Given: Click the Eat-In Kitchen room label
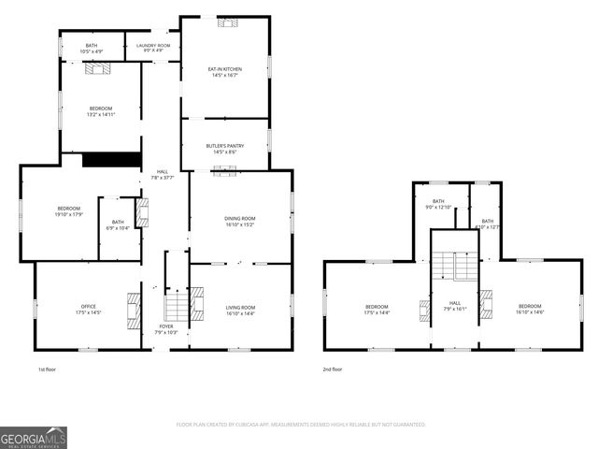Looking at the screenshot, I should [x=224, y=71].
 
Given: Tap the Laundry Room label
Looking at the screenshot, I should [x=152, y=47].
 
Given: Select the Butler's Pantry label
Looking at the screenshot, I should [x=224, y=148].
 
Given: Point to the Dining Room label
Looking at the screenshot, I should [x=240, y=221].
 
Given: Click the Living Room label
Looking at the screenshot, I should [x=240, y=310].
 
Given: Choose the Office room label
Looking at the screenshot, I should [x=88, y=310].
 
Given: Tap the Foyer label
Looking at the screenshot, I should [x=164, y=330].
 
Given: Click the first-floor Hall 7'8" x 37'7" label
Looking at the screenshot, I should [x=164, y=174].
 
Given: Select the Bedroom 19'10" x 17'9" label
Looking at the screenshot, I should [x=69, y=211].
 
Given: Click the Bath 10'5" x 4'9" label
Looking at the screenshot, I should [x=92, y=47].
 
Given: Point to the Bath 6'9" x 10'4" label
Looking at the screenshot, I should [x=118, y=224].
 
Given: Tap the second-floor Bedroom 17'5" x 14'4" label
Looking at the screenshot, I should [x=377, y=310].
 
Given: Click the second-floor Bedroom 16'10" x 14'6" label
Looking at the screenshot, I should [x=530, y=310].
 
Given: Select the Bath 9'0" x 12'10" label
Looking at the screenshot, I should [x=438, y=204].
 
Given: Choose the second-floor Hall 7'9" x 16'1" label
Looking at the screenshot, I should [x=454, y=306].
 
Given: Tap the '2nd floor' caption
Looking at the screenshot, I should [x=333, y=369].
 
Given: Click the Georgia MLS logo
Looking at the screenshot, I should [x=34, y=437].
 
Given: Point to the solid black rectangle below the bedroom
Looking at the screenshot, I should [x=110, y=160].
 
